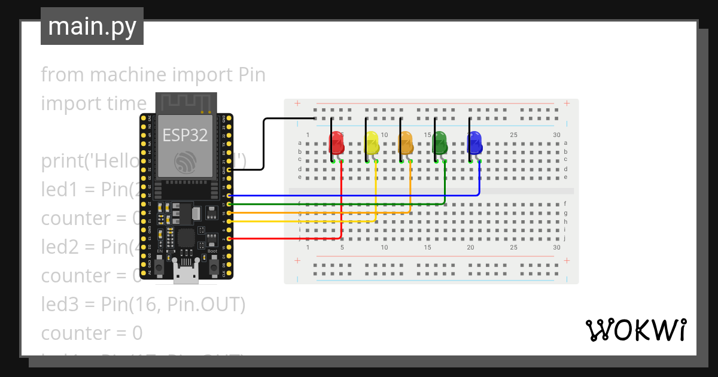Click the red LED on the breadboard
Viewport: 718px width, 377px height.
(x=336, y=144)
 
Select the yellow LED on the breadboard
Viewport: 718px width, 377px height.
(x=371, y=144)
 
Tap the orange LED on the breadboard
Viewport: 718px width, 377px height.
(x=406, y=144)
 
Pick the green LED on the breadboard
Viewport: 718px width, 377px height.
(x=440, y=144)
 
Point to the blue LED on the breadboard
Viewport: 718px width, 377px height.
(x=474, y=144)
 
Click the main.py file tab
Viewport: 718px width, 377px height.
(x=92, y=27)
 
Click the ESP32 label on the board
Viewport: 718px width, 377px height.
(x=185, y=135)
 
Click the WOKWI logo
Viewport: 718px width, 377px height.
(x=635, y=330)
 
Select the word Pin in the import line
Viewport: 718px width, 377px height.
(x=252, y=75)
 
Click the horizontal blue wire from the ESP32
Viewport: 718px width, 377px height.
(x=359, y=196)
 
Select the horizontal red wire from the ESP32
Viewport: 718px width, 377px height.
(x=287, y=238)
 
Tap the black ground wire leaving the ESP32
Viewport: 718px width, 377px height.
(x=263, y=144)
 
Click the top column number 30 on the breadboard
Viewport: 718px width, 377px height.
(x=556, y=135)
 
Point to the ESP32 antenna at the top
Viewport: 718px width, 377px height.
(x=185, y=102)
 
